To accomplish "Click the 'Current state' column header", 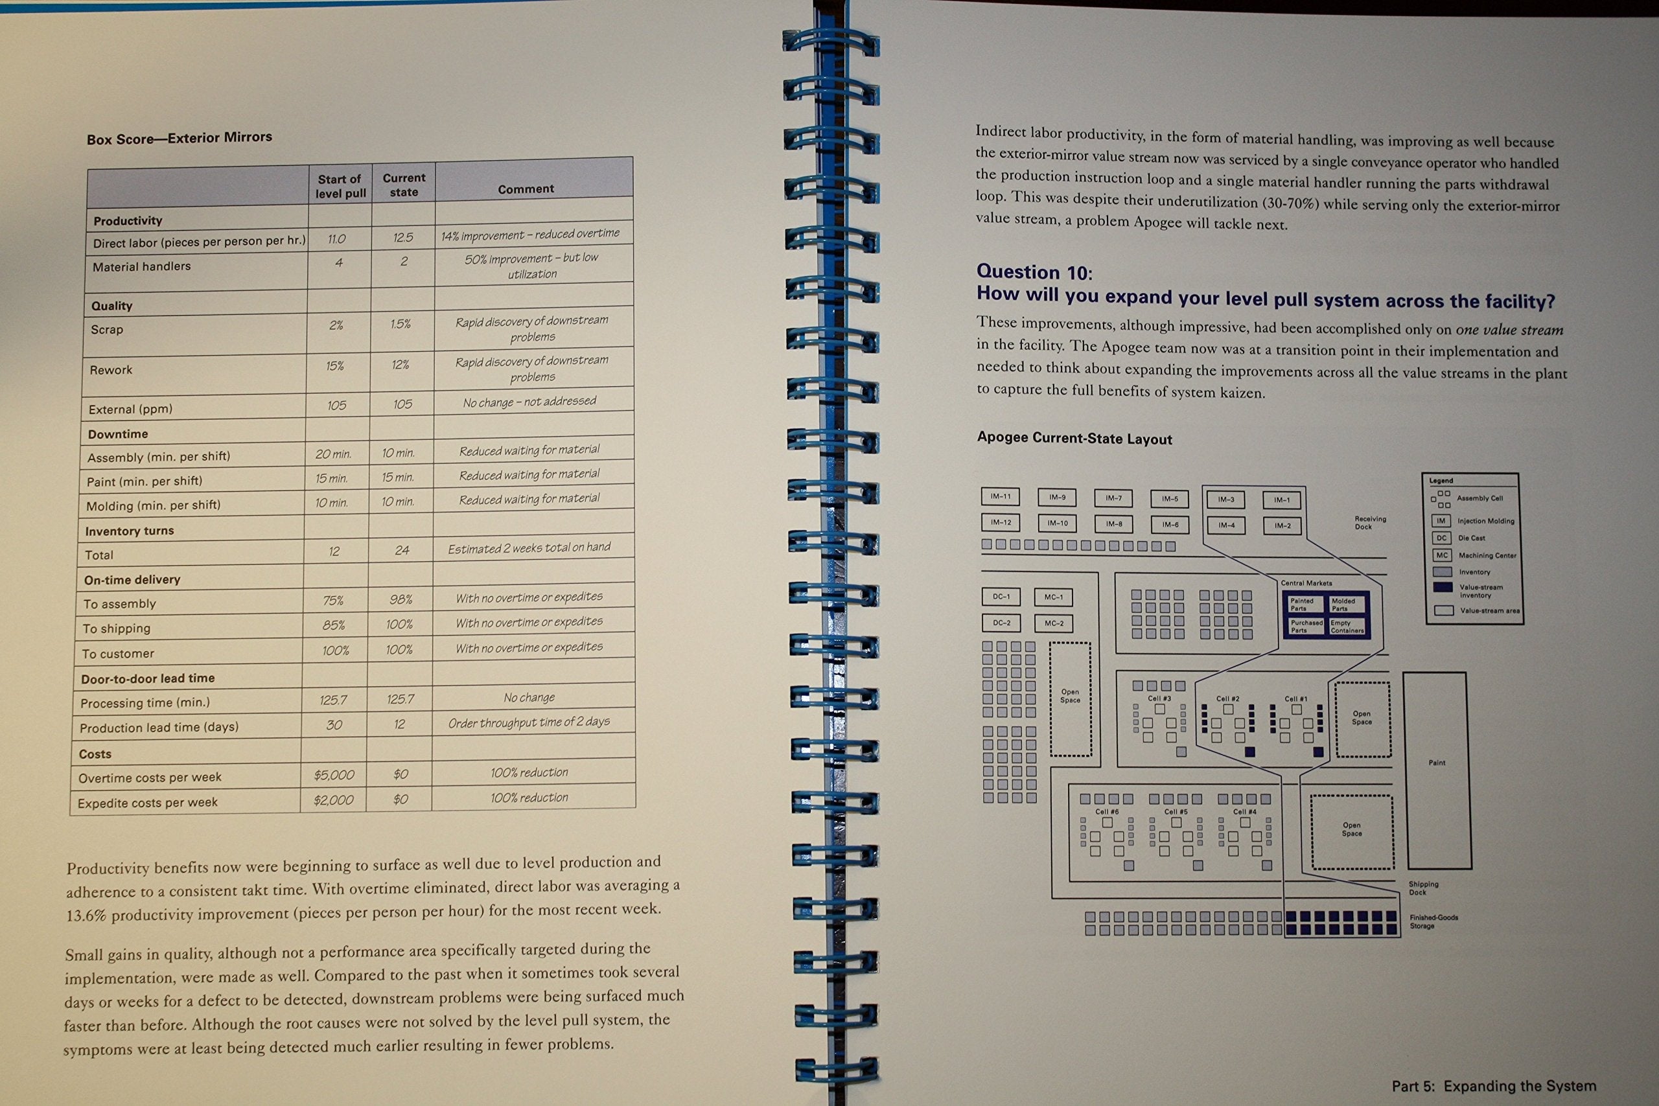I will (x=404, y=185).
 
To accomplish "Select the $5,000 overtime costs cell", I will (x=334, y=775).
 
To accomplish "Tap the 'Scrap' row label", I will (x=106, y=329).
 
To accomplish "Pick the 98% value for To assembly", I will (x=400, y=599).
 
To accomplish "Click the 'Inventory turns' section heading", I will (x=129, y=531).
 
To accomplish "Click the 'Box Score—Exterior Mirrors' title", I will (x=179, y=138).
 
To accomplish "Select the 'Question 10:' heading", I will (x=1034, y=272).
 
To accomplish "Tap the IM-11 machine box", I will (x=1000, y=496).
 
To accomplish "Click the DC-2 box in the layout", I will (x=1001, y=623).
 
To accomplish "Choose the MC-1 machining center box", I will (x=1054, y=597).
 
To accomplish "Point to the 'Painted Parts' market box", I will (x=1302, y=605).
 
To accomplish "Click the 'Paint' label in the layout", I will (x=1437, y=763).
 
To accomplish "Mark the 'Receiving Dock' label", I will (x=1370, y=523).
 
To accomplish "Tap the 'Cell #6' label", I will (x=1106, y=812).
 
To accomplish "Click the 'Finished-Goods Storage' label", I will (x=1433, y=921).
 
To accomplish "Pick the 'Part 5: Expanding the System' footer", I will (x=1493, y=1087).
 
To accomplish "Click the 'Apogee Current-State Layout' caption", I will (x=1074, y=438).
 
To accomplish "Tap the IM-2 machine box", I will (x=1282, y=526).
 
